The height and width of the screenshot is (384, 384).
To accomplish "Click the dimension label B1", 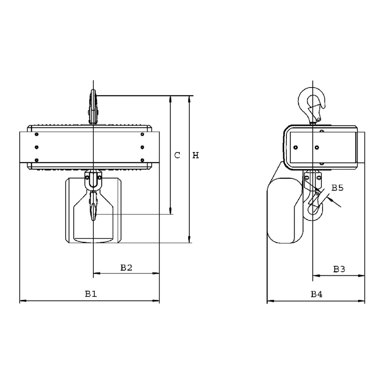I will [91, 294].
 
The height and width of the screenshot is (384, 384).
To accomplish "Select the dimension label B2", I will [126, 268].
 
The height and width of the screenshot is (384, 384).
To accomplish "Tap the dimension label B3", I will [339, 269].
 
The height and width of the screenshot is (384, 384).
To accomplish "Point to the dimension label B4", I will [316, 295].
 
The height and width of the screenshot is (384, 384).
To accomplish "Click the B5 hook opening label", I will [338, 188].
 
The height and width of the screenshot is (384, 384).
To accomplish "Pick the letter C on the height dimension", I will [177, 155].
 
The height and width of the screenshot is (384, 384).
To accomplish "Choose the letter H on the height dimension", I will [195, 155].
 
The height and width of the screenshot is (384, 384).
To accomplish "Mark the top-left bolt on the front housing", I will [36, 134].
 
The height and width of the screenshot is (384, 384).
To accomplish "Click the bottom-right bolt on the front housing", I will [142, 160].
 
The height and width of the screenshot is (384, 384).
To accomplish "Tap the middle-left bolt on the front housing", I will [36, 147].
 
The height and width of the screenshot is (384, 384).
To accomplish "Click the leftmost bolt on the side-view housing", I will [295, 147].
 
